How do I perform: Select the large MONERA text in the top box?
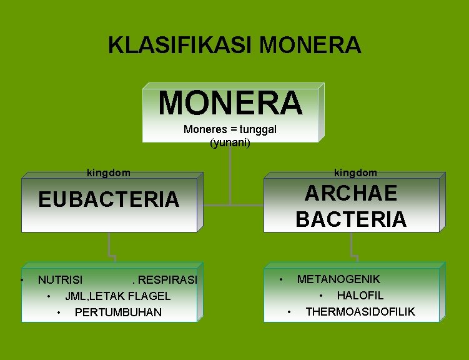tap(230, 102)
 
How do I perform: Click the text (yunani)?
tap(230, 142)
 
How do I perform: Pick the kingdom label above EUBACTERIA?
tap(108, 172)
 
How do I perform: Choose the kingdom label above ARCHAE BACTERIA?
tap(355, 172)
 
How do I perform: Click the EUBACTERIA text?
tap(109, 199)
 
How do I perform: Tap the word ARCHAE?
tap(350, 193)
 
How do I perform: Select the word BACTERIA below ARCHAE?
tap(350, 219)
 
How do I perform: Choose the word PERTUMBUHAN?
tap(118, 312)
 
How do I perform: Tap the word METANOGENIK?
tap(338, 279)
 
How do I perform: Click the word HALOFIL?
tap(360, 295)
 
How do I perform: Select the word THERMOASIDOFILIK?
tap(360, 311)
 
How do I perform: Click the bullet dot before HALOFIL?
tap(322, 295)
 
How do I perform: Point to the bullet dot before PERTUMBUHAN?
tap(59, 312)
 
